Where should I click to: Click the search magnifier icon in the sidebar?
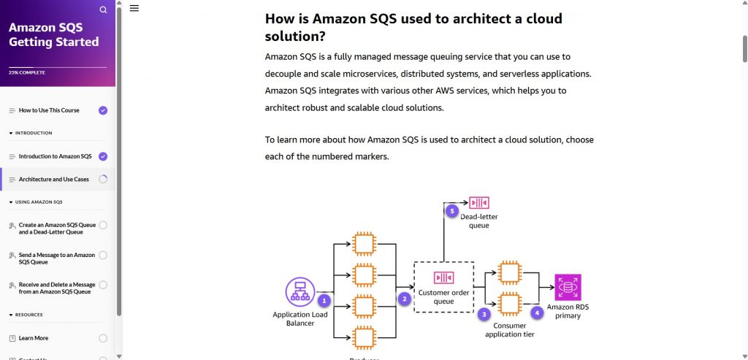tap(103, 10)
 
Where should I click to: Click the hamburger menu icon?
tap(134, 8)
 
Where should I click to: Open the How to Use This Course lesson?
tap(49, 110)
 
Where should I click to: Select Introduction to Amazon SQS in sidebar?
tap(55, 156)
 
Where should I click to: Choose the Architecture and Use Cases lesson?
tap(53, 179)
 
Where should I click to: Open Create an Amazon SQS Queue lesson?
tap(57, 229)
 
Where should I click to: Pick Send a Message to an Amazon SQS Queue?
tap(57, 258)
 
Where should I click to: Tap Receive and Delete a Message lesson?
tap(57, 288)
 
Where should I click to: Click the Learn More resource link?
tap(34, 338)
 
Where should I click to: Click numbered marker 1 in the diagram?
tap(325, 300)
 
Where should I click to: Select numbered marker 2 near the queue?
tap(403, 298)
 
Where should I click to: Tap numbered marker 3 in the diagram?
tap(484, 314)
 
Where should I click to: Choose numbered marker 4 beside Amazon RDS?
tap(538, 313)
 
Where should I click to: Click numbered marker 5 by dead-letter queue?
tap(452, 211)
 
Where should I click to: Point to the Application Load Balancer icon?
tap(299, 292)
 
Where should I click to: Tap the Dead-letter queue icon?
tap(479, 202)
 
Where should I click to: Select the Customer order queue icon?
tap(443, 277)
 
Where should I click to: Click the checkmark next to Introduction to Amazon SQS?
tap(103, 156)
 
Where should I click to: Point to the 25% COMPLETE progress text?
tap(27, 72)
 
